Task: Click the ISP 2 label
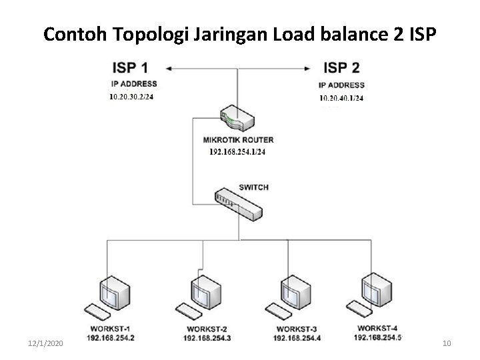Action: tap(341, 68)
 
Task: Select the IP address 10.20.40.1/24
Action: tap(341, 98)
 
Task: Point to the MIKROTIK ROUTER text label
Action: tap(237, 140)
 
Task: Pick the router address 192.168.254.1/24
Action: tap(237, 152)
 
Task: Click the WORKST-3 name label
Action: tap(295, 329)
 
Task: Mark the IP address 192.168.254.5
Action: tap(377, 337)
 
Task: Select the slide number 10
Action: tap(447, 343)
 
